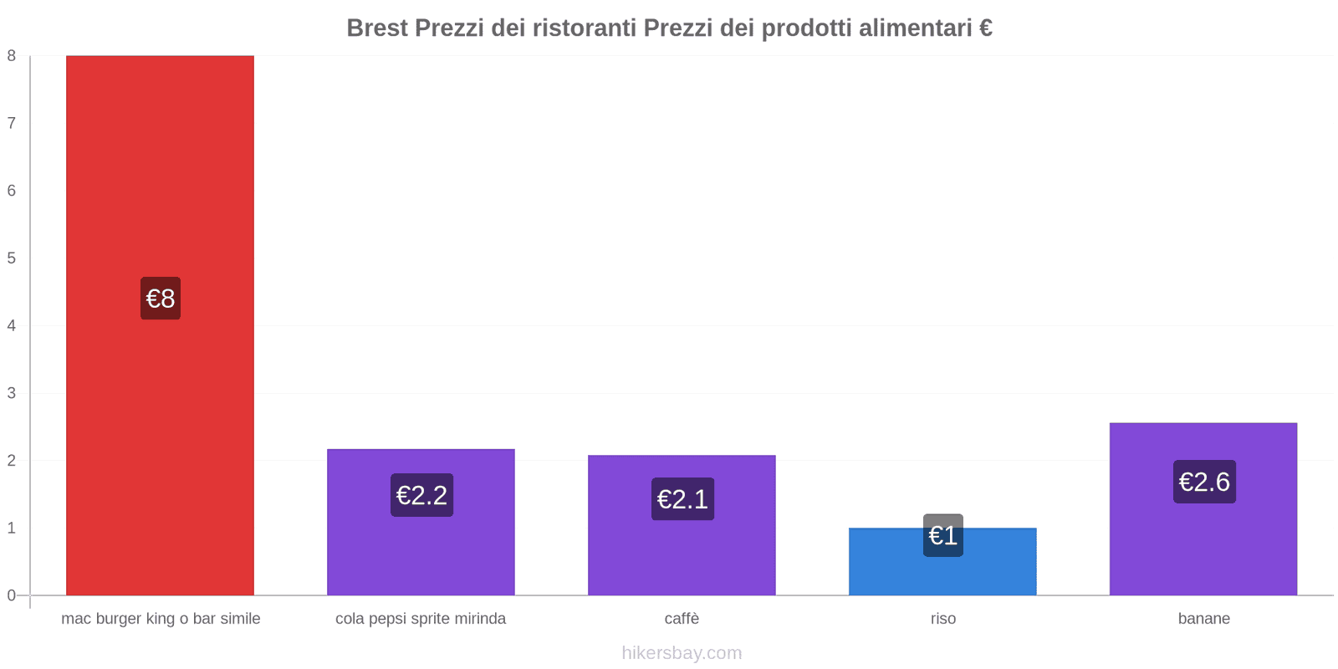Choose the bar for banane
(1203, 544)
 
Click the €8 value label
(161, 299)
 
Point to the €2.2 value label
(421, 495)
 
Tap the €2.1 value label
(682, 499)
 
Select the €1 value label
(943, 535)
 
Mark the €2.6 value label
(1204, 482)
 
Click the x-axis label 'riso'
(943, 619)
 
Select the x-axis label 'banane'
(1204, 619)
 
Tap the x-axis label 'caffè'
(682, 619)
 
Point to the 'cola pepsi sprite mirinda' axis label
(421, 619)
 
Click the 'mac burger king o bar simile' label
(161, 619)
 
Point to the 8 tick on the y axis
(12, 56)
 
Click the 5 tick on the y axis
(12, 258)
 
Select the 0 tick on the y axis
(12, 595)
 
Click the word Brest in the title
(377, 28)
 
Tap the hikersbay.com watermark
(682, 653)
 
